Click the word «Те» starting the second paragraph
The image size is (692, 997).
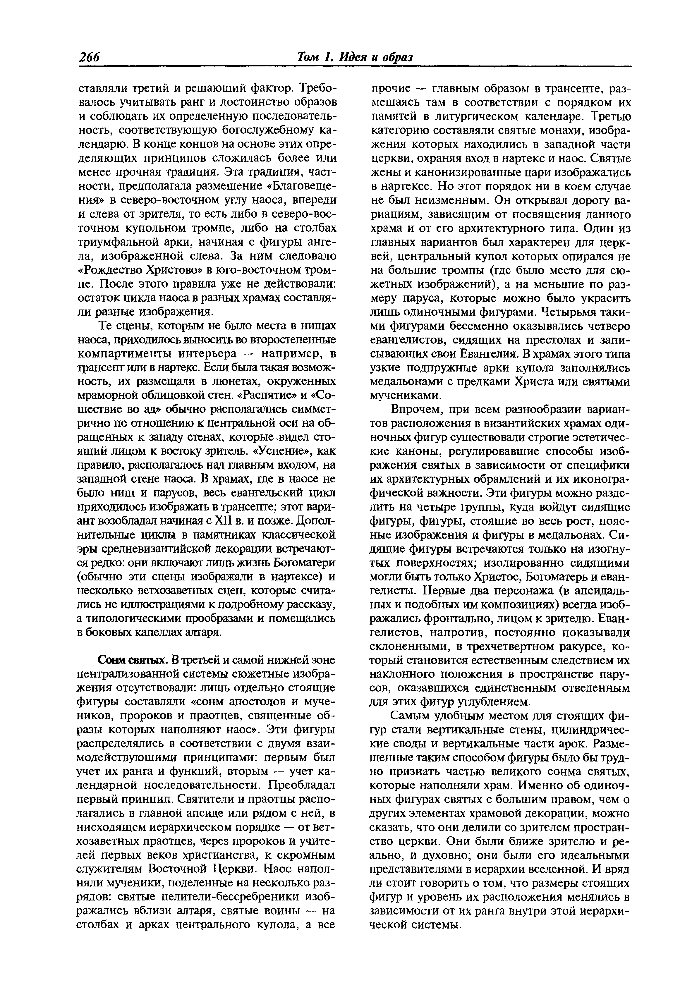click(106, 326)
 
